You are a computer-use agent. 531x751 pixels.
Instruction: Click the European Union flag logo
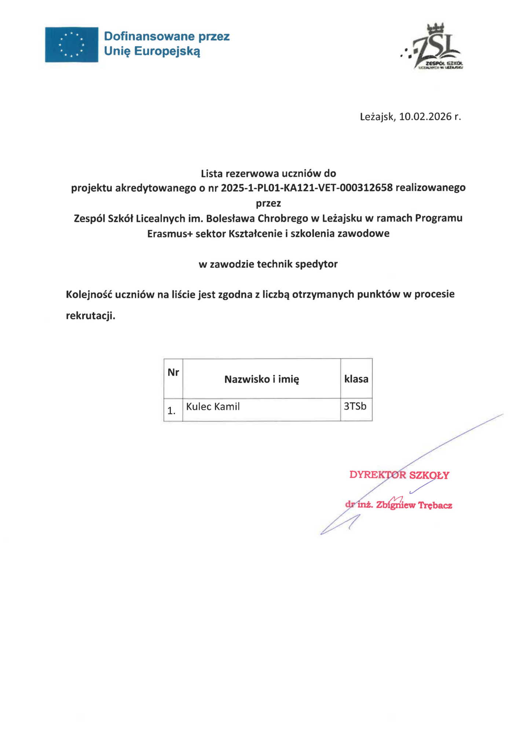point(72,45)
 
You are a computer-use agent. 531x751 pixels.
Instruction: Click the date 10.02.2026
point(425,117)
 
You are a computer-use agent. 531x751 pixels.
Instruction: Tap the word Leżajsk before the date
point(377,117)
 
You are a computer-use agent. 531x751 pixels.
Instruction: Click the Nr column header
point(173,373)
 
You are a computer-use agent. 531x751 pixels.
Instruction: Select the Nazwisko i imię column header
point(261,379)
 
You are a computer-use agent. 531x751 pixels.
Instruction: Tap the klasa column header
point(356,379)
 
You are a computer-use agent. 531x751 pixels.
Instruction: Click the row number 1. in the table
point(172,411)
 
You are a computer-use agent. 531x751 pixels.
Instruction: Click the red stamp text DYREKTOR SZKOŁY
point(399,475)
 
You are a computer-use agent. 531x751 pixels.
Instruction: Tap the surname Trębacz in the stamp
point(435,505)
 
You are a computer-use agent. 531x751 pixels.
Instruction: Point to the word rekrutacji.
point(90,316)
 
